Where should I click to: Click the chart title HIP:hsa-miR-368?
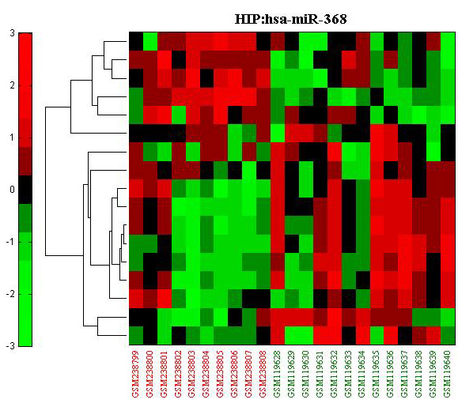coord(290,19)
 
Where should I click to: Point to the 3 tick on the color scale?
coord(12,33)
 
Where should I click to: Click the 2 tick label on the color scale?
coord(12,85)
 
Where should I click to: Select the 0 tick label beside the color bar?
coord(12,190)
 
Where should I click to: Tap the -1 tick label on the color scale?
coord(10,242)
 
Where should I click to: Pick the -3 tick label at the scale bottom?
coord(10,346)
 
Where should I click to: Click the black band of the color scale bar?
coord(25,190)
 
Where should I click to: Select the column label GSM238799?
coord(136,374)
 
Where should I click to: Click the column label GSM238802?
coord(179,374)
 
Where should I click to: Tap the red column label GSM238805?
coord(221,374)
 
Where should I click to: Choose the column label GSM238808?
coord(263,374)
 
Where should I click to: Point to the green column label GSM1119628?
coord(278,374)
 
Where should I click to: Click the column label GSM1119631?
coord(320,374)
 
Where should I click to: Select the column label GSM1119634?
coord(362,374)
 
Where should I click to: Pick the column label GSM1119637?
coord(405,374)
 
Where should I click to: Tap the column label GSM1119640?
coord(448,374)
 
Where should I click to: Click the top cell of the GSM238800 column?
coord(150,41)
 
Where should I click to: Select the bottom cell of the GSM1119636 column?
coord(391,336)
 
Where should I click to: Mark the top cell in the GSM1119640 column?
coord(448,41)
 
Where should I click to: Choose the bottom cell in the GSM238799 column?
coord(136,336)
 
